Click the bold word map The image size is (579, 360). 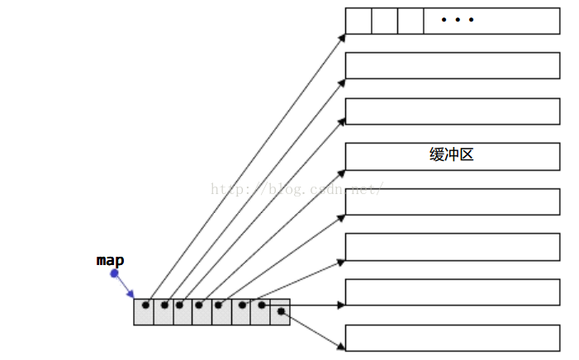[110, 260]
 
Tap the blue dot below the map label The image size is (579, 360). [114, 273]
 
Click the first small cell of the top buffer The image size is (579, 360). [358, 21]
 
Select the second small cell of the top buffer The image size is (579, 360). [384, 21]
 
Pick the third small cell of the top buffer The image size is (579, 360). [411, 21]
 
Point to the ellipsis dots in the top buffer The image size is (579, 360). [458, 20]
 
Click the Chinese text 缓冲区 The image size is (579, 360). [452, 154]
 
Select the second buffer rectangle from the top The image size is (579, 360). [452, 66]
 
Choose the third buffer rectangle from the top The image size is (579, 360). [452, 111]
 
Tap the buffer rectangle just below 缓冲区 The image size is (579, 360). [452, 201]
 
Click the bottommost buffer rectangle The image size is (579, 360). [452, 338]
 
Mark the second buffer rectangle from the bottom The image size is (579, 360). [452, 292]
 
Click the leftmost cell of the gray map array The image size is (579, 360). [144, 311]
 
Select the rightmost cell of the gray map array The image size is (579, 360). [280, 311]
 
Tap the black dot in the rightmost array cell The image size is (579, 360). [282, 311]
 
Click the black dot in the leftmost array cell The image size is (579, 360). [146, 306]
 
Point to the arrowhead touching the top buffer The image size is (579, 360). [341, 36]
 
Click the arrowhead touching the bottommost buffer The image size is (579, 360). [340, 344]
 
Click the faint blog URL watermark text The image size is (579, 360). [297, 188]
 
